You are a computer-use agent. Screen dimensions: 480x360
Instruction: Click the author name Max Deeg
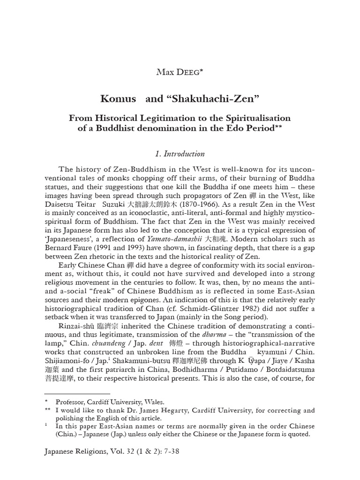180,72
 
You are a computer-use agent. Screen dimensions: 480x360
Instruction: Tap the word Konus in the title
115,99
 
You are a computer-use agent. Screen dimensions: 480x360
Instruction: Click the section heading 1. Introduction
180,154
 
